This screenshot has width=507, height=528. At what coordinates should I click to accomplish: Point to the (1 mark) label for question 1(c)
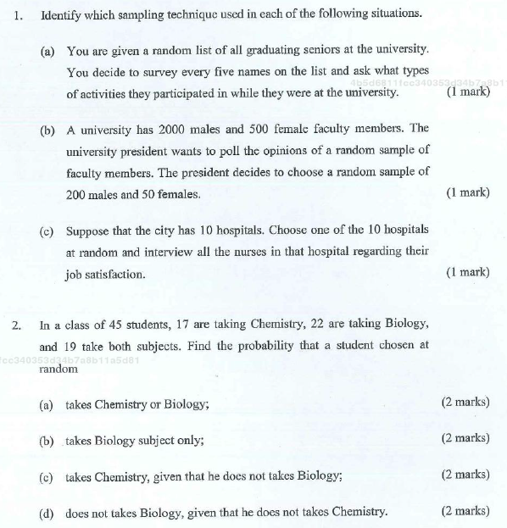[467, 272]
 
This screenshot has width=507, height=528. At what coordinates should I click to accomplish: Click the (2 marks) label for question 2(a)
[465, 402]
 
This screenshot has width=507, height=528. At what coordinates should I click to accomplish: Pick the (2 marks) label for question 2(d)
[465, 510]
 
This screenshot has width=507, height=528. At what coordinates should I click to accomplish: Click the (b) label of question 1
[48, 130]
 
